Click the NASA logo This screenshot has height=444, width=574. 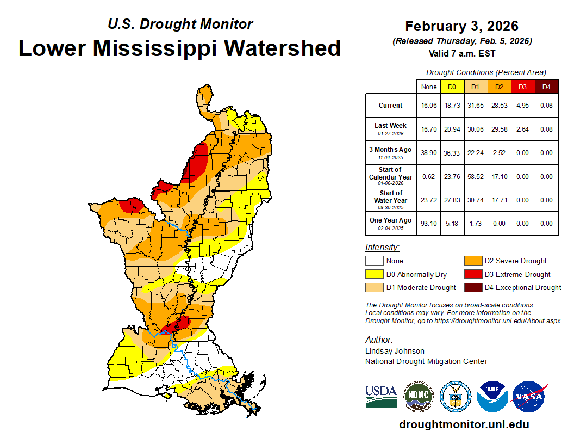[x=529, y=397]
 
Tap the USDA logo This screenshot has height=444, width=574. [x=380, y=397]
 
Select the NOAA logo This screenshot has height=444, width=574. [x=492, y=397]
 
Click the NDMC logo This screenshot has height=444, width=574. [x=418, y=397]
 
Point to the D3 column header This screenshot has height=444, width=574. [x=522, y=87]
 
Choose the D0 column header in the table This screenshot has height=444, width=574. [x=452, y=87]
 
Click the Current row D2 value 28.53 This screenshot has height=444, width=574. [x=498, y=106]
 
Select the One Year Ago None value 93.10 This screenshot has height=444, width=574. [x=429, y=224]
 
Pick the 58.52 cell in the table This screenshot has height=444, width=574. [x=475, y=177]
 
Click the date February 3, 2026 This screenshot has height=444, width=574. [x=461, y=26]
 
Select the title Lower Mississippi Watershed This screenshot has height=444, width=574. [x=179, y=48]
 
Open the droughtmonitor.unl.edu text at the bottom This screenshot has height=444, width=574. [x=464, y=424]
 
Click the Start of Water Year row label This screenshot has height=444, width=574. [x=390, y=200]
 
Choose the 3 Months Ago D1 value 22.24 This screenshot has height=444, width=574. [x=475, y=153]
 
